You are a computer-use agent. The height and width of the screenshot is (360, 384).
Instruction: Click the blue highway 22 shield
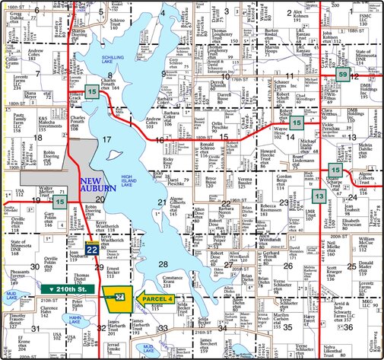pos(91,249)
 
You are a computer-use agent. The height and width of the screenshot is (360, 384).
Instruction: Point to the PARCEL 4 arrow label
pos(160,298)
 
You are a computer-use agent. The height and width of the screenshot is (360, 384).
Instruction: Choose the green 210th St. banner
pos(67,291)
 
